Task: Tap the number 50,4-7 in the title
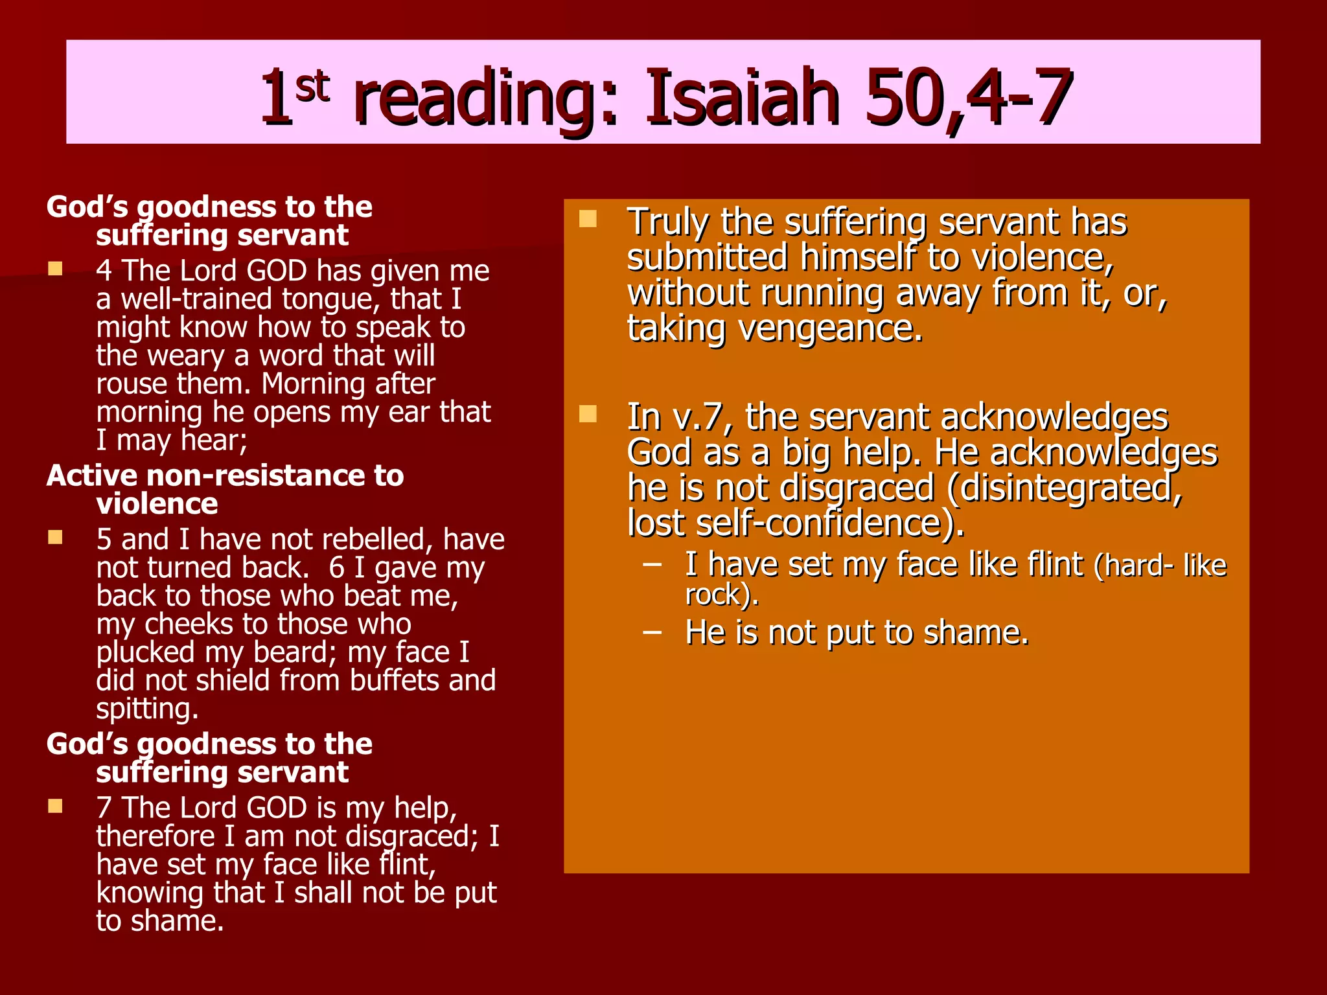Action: click(x=969, y=98)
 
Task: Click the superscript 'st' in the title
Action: click(x=312, y=87)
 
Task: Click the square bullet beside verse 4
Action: click(x=56, y=269)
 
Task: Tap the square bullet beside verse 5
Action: click(x=56, y=537)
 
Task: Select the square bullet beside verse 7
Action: click(x=56, y=806)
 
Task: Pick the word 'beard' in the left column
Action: click(x=294, y=652)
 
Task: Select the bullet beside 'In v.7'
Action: click(x=588, y=413)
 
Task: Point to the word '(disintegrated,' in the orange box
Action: click(x=1065, y=488)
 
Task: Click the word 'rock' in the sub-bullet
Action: click(x=712, y=595)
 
